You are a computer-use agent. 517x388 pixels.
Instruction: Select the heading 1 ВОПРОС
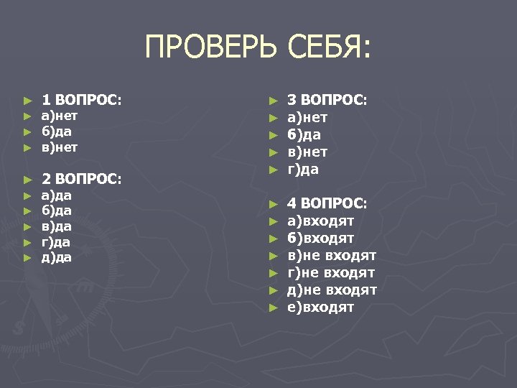(81, 100)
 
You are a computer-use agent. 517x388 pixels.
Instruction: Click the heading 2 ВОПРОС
(81, 177)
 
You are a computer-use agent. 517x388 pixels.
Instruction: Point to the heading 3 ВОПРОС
(327, 100)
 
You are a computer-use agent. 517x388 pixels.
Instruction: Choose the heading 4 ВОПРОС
(327, 203)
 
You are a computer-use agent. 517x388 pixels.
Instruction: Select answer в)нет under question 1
(59, 147)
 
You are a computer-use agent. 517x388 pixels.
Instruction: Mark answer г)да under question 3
(303, 170)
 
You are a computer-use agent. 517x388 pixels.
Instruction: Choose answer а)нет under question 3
(307, 117)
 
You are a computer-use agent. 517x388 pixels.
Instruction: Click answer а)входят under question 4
(320, 221)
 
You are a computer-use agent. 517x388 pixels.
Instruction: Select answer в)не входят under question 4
(331, 256)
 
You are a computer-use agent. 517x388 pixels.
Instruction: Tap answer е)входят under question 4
(320, 308)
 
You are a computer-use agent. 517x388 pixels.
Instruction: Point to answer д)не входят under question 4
(332, 290)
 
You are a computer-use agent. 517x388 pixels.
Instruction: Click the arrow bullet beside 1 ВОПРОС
(27, 101)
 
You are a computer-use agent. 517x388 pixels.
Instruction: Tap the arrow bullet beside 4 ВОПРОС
(273, 204)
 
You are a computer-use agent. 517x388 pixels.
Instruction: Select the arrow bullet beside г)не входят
(273, 273)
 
